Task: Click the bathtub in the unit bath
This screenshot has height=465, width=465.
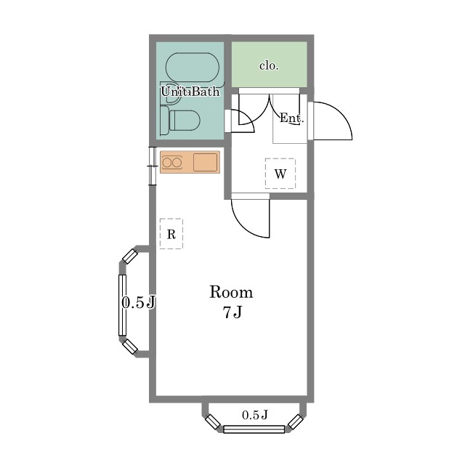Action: pos(192,68)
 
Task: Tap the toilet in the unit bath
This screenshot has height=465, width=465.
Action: pos(180,121)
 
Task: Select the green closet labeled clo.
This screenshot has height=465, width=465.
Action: pos(269,65)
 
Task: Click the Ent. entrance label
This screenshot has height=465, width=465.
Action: pos(292,118)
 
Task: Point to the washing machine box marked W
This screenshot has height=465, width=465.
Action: pos(280,174)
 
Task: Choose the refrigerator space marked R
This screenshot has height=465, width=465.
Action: pos(171,234)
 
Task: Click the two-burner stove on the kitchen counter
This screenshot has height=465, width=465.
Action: pos(171,163)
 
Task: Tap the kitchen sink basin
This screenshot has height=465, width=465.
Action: pos(205,162)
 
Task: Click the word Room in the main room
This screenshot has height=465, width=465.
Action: pos(231,292)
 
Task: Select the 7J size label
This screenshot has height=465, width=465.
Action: pos(232,312)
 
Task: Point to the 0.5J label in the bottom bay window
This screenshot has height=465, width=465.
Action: pos(255,415)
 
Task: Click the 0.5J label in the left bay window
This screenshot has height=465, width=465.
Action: pos(139,303)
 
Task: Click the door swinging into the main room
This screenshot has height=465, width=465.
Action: pos(251,218)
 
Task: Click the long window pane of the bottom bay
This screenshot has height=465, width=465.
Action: pos(254,429)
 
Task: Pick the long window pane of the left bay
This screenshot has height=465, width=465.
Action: pos(122,305)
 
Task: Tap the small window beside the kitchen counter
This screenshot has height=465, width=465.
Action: pos(152,166)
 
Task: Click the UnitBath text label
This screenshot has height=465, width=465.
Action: pos(190,92)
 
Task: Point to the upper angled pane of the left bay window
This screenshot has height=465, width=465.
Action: pos(130,256)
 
